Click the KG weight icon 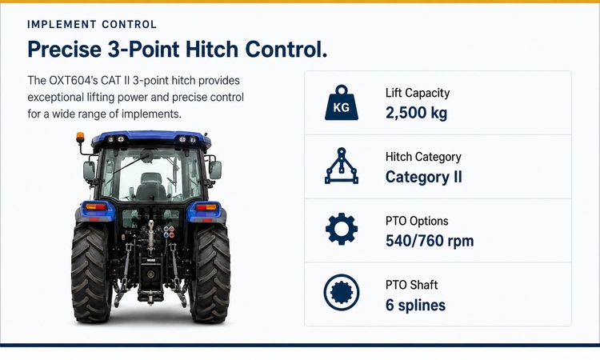click(x=342, y=102)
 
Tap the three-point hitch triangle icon click(x=342, y=166)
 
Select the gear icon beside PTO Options click(x=342, y=229)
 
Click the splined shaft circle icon click(x=342, y=292)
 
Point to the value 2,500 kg click(x=416, y=114)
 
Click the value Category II click(x=423, y=177)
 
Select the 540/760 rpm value click(x=430, y=241)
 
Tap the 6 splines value click(x=415, y=306)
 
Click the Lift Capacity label click(x=418, y=93)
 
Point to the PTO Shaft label click(x=411, y=285)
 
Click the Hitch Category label click(x=423, y=157)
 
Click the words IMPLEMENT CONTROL click(x=92, y=25)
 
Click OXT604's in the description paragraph click(x=73, y=81)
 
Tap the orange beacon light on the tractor click(x=80, y=138)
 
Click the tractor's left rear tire click(x=90, y=271)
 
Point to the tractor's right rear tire click(x=210, y=271)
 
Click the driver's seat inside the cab click(x=150, y=186)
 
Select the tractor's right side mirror click(x=215, y=170)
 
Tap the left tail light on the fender click(x=95, y=207)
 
